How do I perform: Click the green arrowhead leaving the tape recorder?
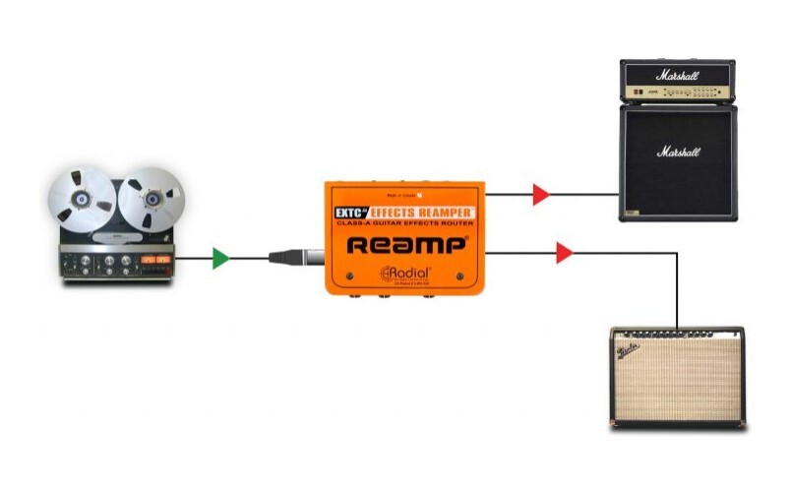click(x=220, y=259)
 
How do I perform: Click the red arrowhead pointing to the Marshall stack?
click(x=540, y=194)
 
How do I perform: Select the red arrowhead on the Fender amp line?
click(x=564, y=253)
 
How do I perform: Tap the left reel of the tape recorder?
click(x=81, y=199)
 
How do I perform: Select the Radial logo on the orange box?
click(x=406, y=274)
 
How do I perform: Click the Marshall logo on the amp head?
click(x=677, y=75)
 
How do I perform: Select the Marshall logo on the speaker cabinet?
click(x=678, y=153)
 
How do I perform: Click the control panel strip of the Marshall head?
click(x=677, y=92)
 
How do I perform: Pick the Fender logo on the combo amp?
click(x=629, y=349)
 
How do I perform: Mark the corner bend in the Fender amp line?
click(x=677, y=253)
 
